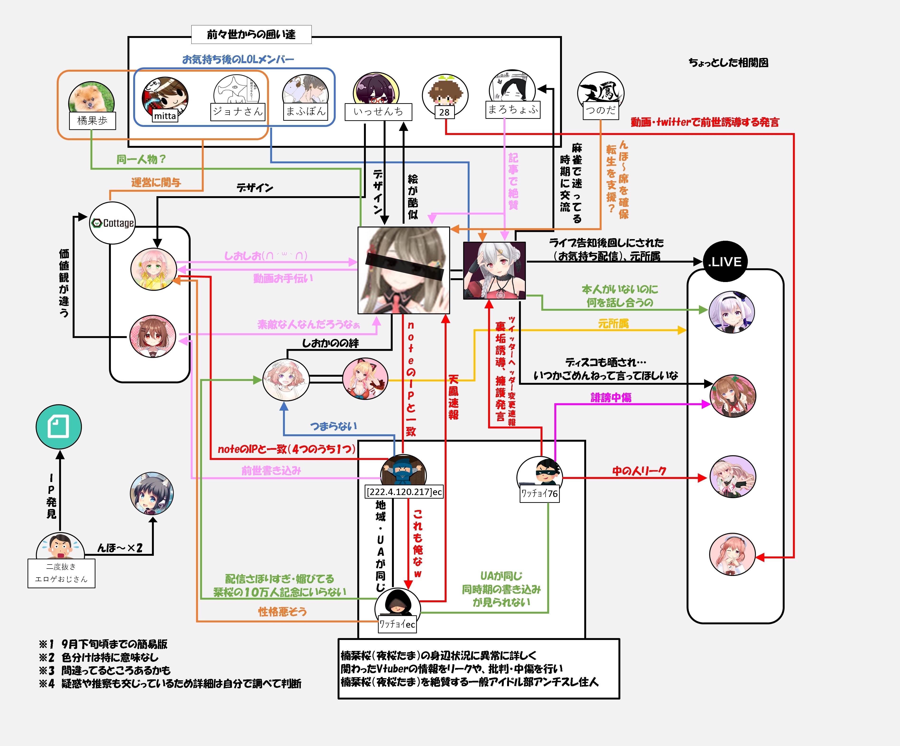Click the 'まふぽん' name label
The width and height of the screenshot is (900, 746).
tap(305, 111)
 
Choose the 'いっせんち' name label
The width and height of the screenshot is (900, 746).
tap(378, 112)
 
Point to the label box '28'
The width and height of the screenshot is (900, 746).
tap(444, 112)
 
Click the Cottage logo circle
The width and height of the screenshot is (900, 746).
tap(112, 223)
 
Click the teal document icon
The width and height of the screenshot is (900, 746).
tap(59, 427)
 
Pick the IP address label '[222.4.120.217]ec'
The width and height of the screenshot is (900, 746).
tap(403, 492)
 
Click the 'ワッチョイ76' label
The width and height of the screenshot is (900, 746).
tap(539, 493)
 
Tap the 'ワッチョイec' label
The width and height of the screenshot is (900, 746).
tap(397, 624)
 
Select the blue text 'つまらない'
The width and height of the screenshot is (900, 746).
tap(333, 426)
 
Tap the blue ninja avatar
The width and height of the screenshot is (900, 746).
tap(403, 471)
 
